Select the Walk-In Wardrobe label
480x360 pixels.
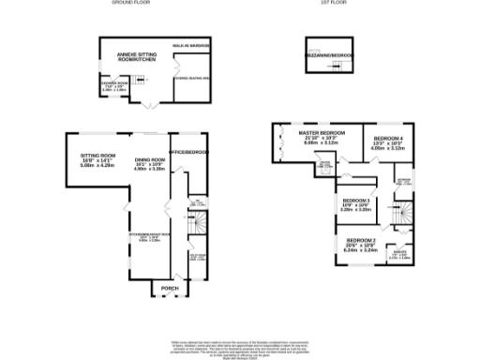pos(189,45)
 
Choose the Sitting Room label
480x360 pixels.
pos(97,158)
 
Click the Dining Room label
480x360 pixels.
pos(149,162)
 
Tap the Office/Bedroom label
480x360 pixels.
pos(187,152)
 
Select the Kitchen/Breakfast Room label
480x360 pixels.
pos(149,235)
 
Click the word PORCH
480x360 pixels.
pos(170,287)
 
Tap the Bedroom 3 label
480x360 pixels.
pos(355,203)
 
